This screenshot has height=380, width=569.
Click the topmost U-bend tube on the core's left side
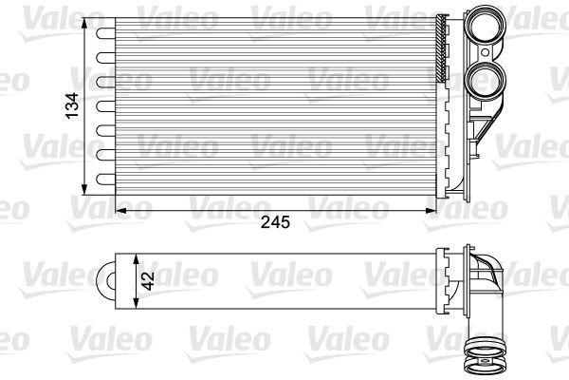(101, 31)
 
